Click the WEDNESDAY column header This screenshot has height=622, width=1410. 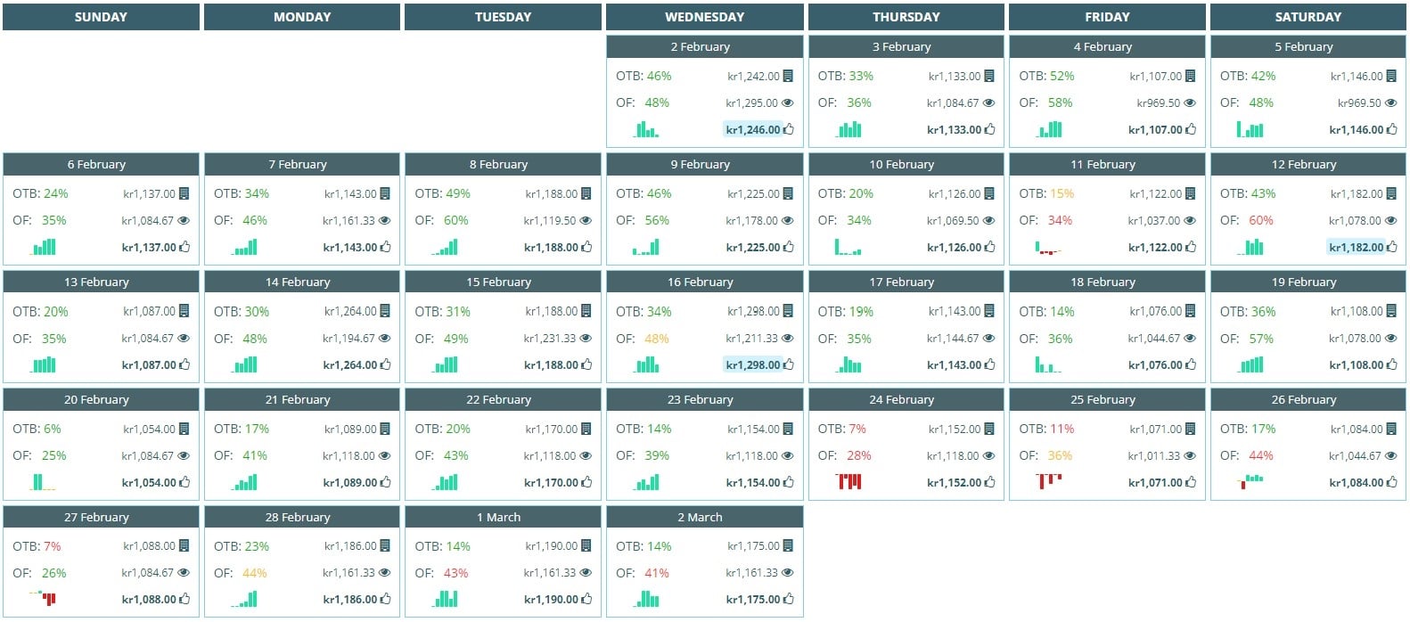tap(704, 17)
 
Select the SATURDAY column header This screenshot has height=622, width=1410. tap(1308, 17)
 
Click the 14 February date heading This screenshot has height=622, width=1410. tap(301, 282)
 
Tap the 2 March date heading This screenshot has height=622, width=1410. tap(704, 517)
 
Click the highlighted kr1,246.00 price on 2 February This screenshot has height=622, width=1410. tap(752, 130)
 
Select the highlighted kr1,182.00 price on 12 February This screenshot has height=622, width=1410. tap(1356, 248)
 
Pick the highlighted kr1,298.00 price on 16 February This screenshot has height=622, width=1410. tap(752, 365)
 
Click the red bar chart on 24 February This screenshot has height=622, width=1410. tap(848, 482)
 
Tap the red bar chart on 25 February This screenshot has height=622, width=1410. tap(1049, 481)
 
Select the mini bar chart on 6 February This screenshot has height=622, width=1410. tap(44, 247)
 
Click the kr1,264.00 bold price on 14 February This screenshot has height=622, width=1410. tap(349, 365)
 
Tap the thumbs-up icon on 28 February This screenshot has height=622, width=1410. tap(386, 600)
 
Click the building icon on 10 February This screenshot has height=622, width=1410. tap(988, 193)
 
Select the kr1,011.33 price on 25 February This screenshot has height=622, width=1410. tap(1153, 456)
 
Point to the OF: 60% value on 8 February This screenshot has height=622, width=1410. tap(455, 220)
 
